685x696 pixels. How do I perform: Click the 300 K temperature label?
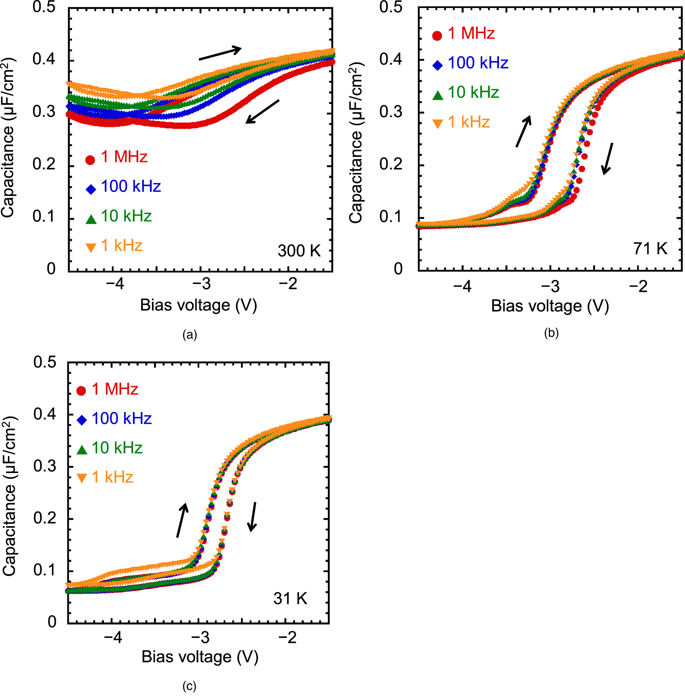point(299,251)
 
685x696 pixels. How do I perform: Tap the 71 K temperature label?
point(650,249)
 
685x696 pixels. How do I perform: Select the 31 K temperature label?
point(290,598)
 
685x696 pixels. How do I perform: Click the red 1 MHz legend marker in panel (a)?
point(90,160)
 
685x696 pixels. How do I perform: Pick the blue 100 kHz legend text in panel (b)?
point(478,63)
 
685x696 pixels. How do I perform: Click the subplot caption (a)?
point(189,335)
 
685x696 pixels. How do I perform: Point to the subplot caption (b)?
point(551,333)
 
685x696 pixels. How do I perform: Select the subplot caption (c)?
point(189,686)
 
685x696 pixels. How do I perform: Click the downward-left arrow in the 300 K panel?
point(262,111)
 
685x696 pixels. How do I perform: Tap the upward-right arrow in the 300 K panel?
point(220,53)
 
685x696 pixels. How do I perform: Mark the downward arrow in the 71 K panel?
point(607,159)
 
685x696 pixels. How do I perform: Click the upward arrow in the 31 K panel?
point(182,520)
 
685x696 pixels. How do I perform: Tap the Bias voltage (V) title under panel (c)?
point(200,656)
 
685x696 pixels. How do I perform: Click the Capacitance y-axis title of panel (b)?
point(356,143)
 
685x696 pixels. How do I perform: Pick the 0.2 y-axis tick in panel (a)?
point(44,164)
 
